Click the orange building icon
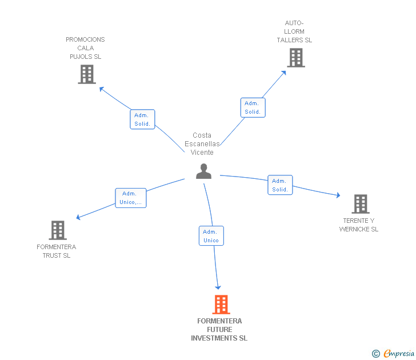tap(221, 305)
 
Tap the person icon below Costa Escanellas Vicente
tap(204, 171)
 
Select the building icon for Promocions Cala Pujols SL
tap(87, 74)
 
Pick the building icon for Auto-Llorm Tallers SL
tap(296, 58)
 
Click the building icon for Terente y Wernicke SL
tap(361, 204)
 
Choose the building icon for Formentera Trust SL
tap(58, 230)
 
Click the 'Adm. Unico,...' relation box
tap(130, 198)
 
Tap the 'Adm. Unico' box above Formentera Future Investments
tap(211, 236)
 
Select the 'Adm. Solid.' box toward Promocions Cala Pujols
tap(142, 119)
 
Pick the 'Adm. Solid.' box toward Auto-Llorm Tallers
tap(253, 107)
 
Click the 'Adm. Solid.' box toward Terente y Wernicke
tap(280, 185)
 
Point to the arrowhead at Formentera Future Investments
tap(218, 287)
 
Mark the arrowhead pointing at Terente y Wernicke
tap(338, 195)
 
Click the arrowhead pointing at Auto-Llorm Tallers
tap(284, 73)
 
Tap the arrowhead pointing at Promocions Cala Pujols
tap(101, 89)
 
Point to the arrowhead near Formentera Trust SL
tap(78, 217)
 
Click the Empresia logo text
tap(399, 354)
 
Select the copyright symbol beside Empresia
tap(376, 354)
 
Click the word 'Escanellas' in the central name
tap(202, 144)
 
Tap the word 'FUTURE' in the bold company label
tap(219, 330)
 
